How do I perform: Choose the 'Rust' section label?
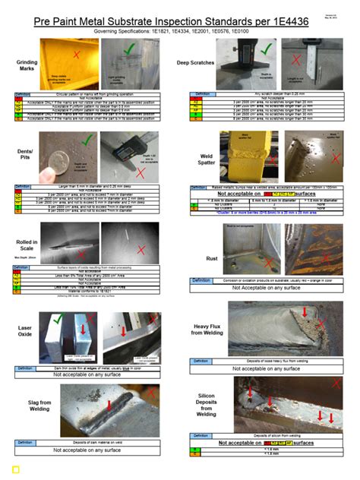pyautogui.click(x=213, y=258)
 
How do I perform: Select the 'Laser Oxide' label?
pyautogui.click(x=24, y=331)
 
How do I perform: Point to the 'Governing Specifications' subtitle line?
pyautogui.click(x=180, y=33)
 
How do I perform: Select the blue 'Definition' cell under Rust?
pyautogui.click(x=201, y=280)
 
